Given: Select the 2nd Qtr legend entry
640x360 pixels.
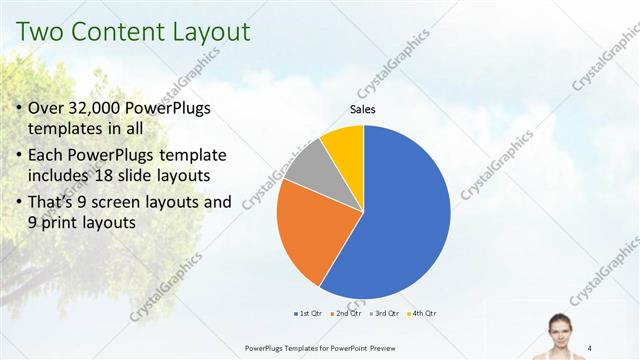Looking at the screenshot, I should tap(346, 313).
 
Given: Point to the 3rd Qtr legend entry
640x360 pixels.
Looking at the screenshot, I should tap(384, 313).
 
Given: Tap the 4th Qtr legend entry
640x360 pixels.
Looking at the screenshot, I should tap(422, 313).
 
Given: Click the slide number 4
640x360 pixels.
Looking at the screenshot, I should tap(590, 347).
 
